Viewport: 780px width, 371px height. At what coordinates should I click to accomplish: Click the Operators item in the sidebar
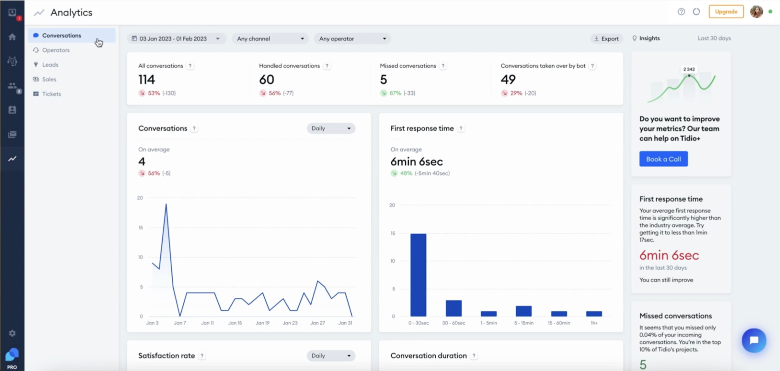[x=56, y=50]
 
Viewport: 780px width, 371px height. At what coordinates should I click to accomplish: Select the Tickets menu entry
[x=51, y=94]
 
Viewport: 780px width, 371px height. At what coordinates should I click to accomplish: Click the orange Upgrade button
[x=726, y=11]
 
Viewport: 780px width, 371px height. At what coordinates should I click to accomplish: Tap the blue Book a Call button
[x=663, y=159]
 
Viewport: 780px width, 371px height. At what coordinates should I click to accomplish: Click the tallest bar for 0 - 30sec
[x=418, y=275]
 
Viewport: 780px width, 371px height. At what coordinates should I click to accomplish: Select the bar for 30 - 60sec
[x=454, y=308]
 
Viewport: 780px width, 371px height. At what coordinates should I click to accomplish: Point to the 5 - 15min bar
[x=524, y=311]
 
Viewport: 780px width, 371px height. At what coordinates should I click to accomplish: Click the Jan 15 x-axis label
[x=235, y=323]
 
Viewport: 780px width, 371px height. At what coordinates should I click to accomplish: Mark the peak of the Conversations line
[x=166, y=204]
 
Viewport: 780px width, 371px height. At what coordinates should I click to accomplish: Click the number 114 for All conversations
[x=147, y=79]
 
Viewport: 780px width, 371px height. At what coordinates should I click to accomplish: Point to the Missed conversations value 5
[x=384, y=79]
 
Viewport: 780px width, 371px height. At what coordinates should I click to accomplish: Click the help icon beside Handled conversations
[x=327, y=66]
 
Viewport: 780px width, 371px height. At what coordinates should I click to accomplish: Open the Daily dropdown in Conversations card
[x=331, y=128]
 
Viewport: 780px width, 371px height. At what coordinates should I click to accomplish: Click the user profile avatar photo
[x=756, y=11]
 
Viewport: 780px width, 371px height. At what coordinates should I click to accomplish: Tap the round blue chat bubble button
[x=754, y=340]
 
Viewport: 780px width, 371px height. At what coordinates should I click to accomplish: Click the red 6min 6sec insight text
[x=669, y=255]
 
